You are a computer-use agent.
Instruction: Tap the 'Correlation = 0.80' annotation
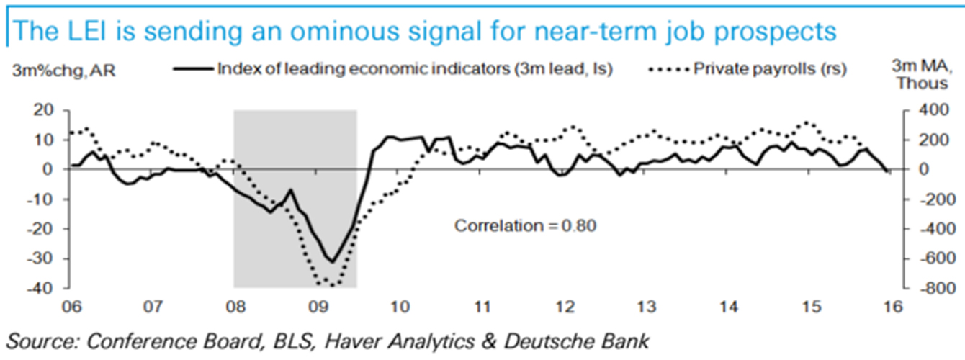point(526,225)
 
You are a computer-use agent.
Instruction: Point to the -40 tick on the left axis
point(42,288)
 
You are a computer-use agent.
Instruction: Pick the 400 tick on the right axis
point(925,110)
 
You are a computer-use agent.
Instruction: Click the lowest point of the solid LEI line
point(332,262)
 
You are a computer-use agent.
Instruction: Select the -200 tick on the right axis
point(922,199)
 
